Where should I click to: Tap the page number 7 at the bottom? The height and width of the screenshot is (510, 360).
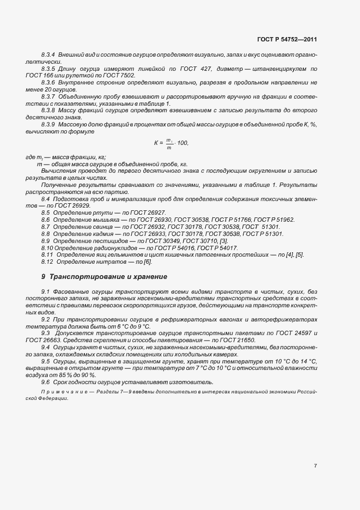(x=315, y=466)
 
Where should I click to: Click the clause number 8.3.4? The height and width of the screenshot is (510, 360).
(x=50, y=56)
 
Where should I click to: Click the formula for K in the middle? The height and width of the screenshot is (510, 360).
(x=170, y=143)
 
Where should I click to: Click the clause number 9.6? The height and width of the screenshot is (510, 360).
(x=45, y=382)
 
